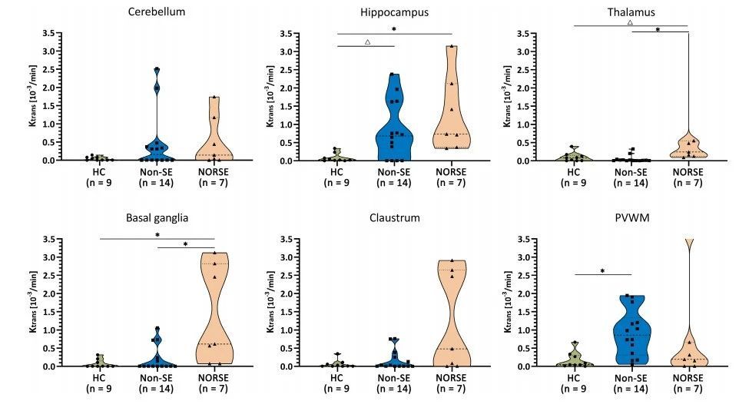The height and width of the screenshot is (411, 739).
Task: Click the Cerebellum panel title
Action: click(x=157, y=13)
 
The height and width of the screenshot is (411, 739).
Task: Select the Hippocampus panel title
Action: click(x=394, y=13)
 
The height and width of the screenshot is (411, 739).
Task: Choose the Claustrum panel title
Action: click(x=394, y=218)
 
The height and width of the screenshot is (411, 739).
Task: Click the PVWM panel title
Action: click(x=630, y=218)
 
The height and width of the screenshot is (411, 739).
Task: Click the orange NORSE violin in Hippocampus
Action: click(x=452, y=115)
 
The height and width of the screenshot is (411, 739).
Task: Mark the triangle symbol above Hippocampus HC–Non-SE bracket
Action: click(x=367, y=41)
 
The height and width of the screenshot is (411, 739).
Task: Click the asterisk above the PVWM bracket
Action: click(x=603, y=271)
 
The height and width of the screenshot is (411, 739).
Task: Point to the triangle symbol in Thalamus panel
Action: click(x=630, y=22)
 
